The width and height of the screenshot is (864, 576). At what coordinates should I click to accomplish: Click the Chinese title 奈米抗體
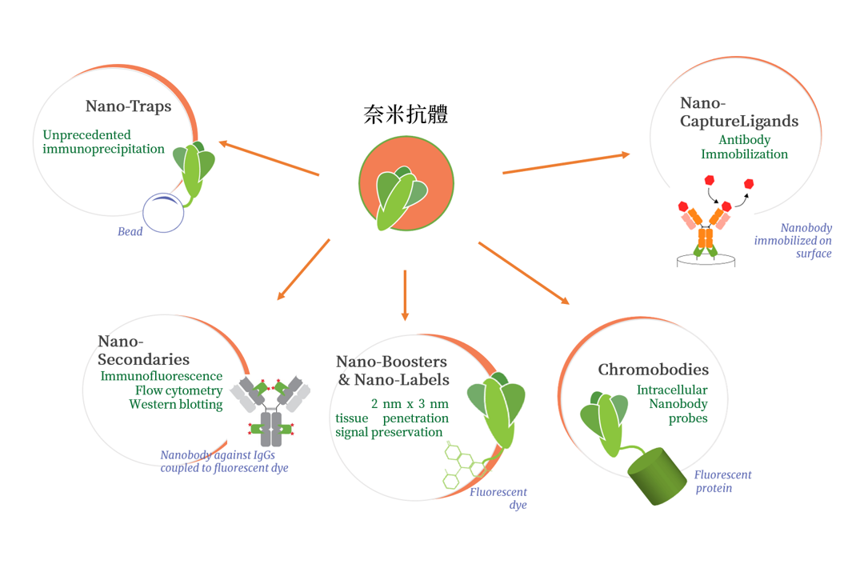tap(405, 114)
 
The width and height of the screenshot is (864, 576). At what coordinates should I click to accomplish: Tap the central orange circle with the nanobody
tap(406, 184)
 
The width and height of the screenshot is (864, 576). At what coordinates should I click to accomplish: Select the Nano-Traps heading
tap(128, 106)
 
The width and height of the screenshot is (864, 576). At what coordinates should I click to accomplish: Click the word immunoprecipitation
tap(104, 149)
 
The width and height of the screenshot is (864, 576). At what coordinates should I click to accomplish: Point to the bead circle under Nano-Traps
tap(163, 213)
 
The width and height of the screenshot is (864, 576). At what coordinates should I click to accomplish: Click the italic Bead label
tap(130, 232)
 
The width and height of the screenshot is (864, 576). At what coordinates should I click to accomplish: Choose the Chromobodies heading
tap(653, 370)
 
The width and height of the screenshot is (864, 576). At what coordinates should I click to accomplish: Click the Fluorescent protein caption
tap(722, 481)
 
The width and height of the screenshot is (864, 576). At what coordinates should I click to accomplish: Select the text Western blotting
tap(176, 405)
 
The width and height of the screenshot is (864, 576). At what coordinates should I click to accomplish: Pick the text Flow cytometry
tap(177, 390)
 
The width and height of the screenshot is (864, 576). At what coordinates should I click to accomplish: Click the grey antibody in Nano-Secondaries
tap(270, 408)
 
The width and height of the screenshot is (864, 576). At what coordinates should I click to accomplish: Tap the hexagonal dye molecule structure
tap(464, 466)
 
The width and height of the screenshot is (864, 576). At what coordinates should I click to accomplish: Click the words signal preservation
tap(389, 432)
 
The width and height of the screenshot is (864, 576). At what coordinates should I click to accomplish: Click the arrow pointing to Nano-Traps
tap(269, 158)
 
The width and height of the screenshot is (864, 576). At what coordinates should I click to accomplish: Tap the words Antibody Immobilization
tap(744, 147)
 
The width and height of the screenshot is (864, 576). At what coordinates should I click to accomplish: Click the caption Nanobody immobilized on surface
tap(794, 240)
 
